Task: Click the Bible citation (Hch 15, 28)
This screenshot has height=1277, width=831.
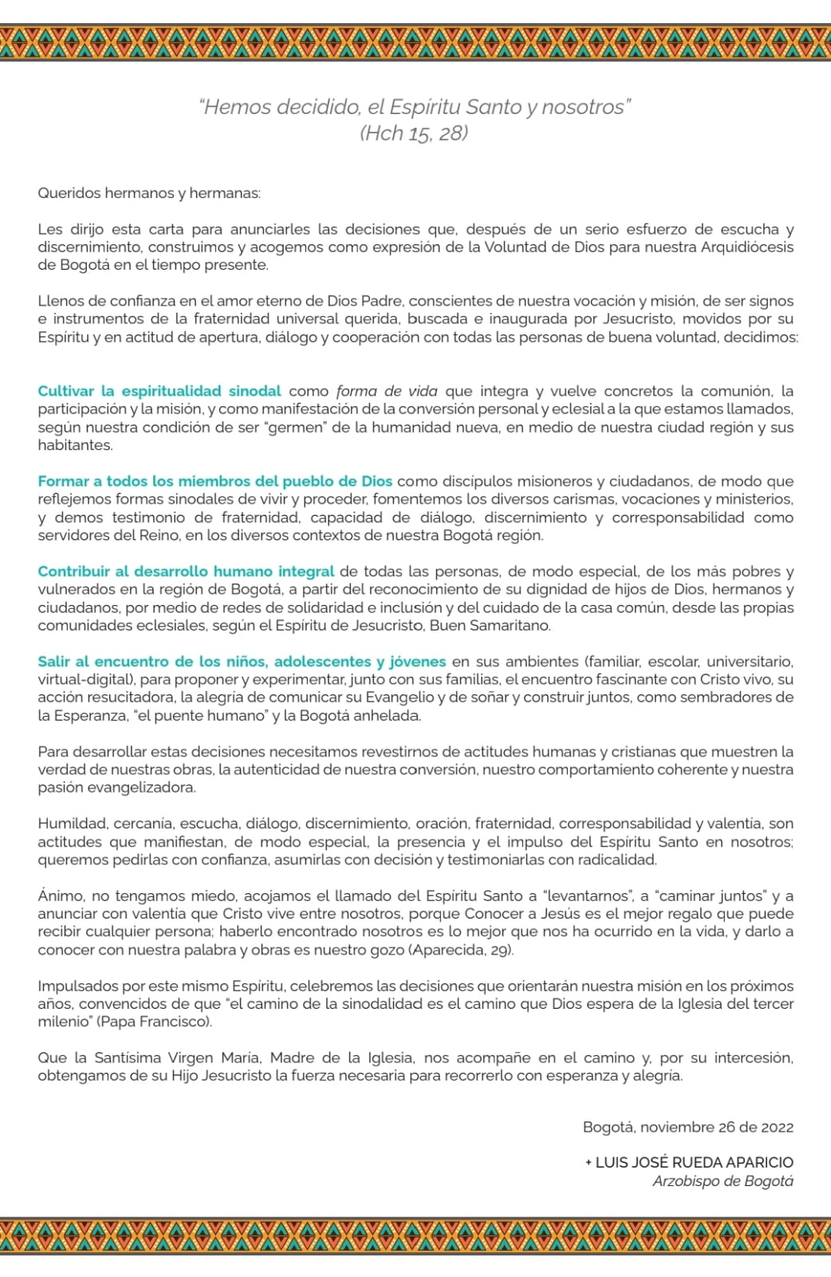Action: pyautogui.click(x=413, y=133)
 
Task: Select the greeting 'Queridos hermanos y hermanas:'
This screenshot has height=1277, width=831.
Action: pyautogui.click(x=149, y=193)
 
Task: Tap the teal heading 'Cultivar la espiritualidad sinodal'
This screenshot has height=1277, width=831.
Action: pyautogui.click(x=160, y=391)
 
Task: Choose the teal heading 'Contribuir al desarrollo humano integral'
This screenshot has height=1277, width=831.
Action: pyautogui.click(x=186, y=571)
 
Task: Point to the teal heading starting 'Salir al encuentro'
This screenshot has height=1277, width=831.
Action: pyautogui.click(x=242, y=662)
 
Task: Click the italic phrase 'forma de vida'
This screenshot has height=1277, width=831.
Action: pyautogui.click(x=387, y=391)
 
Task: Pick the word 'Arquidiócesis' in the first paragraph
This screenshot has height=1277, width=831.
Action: pyautogui.click(x=746, y=247)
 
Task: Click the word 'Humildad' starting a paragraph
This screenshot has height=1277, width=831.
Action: pyautogui.click(x=72, y=824)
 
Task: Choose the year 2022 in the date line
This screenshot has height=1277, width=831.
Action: pyautogui.click(x=776, y=1128)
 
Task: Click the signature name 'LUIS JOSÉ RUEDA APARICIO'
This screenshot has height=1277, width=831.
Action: pyautogui.click(x=694, y=1163)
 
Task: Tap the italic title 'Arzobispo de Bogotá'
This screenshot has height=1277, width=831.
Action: pyautogui.click(x=723, y=1182)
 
